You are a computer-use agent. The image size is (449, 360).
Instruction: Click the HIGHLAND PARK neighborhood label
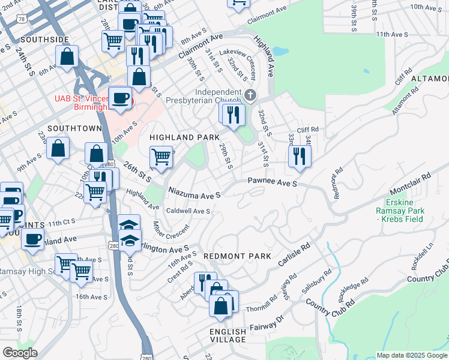click(184, 137)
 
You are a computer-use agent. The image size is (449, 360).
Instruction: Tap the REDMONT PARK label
click(238, 256)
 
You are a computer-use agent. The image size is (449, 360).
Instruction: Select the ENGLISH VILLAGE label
click(228, 335)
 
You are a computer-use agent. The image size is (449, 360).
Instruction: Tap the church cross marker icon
click(250, 95)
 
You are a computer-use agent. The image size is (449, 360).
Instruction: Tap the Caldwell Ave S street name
click(188, 211)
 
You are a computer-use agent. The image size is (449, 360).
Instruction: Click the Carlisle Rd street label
click(294, 256)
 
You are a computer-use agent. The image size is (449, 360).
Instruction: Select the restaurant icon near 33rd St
click(299, 156)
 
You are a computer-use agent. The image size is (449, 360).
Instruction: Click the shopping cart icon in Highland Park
click(160, 157)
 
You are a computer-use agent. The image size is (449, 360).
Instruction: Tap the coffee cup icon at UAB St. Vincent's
click(120, 97)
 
